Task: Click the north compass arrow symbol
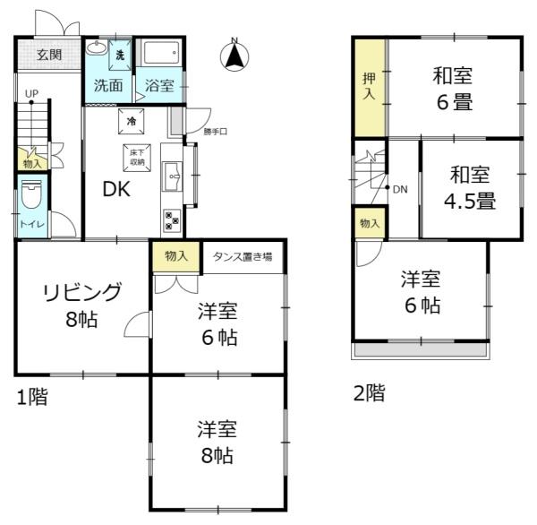(x=234, y=55)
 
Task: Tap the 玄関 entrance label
(x=49, y=55)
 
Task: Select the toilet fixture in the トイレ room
(x=31, y=194)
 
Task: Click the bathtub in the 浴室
(x=161, y=53)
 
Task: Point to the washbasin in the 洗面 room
(x=97, y=47)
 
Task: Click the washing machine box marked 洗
(x=120, y=56)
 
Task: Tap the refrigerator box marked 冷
(x=132, y=121)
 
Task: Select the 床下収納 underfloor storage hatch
(x=137, y=158)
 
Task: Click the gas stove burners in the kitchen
(x=172, y=219)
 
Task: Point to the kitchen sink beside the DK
(x=173, y=176)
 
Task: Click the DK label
(x=116, y=189)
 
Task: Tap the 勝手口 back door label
(x=215, y=132)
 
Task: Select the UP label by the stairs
(x=31, y=93)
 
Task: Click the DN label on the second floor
(x=400, y=189)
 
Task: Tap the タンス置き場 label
(x=243, y=257)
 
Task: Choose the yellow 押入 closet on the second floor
(x=370, y=88)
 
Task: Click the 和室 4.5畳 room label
(x=470, y=187)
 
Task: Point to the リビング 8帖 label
(x=82, y=306)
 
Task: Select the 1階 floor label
(x=32, y=397)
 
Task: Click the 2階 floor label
(x=369, y=393)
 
